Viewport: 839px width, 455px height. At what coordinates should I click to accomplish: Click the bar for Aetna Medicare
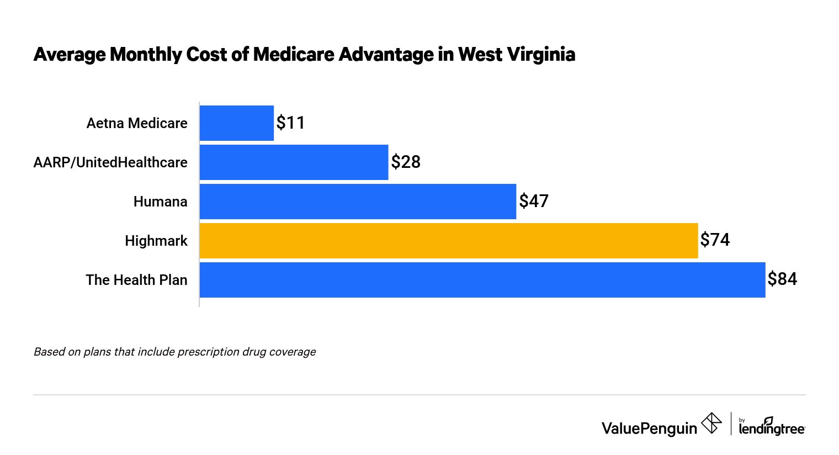tap(236, 123)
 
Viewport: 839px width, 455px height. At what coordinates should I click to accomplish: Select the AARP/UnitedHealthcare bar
tap(294, 162)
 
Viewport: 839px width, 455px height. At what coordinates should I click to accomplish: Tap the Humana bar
tap(358, 202)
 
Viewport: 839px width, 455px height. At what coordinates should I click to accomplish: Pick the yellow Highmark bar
tap(448, 241)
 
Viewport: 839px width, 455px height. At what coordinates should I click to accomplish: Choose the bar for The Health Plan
tap(482, 280)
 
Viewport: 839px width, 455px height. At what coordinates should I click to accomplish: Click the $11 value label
tap(290, 123)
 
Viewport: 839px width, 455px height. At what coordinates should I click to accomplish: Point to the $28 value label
tap(406, 162)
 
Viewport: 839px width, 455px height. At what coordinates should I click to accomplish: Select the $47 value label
tap(534, 201)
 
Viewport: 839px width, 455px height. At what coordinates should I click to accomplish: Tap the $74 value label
tap(715, 240)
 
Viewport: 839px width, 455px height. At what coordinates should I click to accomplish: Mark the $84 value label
tap(782, 279)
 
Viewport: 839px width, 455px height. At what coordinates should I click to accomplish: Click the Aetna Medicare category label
tap(137, 123)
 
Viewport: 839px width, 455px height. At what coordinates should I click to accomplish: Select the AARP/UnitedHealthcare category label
tap(110, 162)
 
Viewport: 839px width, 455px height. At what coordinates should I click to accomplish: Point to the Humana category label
tap(160, 202)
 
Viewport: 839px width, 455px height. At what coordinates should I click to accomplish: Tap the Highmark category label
tap(156, 241)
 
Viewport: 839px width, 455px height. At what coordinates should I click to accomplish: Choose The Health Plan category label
tap(136, 280)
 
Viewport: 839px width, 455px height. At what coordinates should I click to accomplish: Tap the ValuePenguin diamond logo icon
tap(711, 424)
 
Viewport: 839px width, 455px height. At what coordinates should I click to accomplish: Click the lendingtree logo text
tap(771, 428)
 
